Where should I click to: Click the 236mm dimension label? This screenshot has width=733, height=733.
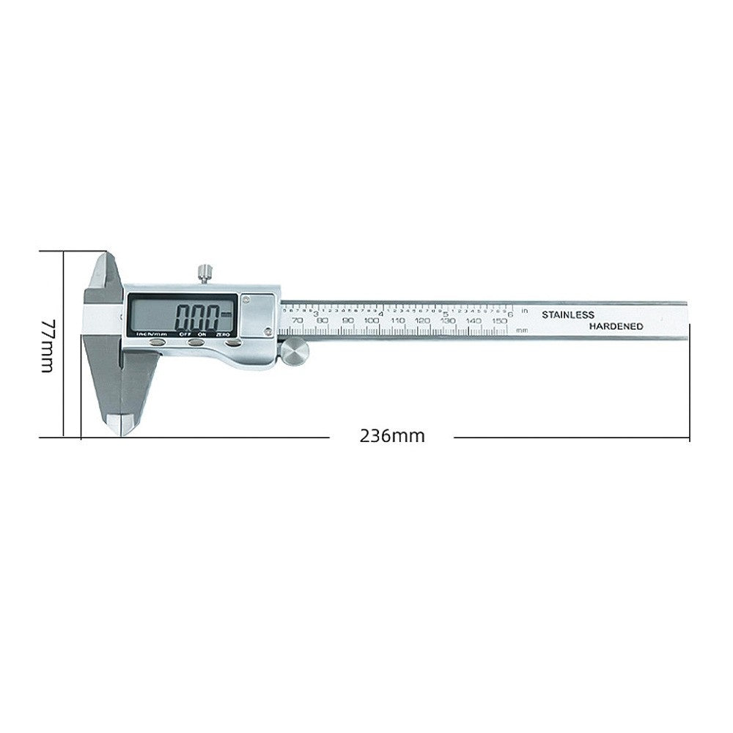tap(392, 436)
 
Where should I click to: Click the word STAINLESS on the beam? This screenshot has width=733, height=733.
tap(567, 314)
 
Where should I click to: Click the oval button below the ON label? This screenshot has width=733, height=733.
tap(196, 342)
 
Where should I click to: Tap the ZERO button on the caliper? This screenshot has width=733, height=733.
tap(232, 342)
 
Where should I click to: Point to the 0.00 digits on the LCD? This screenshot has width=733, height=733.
tap(196, 317)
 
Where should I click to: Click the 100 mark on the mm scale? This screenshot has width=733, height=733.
tap(372, 320)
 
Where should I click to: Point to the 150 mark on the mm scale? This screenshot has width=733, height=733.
tap(499, 320)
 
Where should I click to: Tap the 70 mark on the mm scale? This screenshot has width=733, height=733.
tap(296, 320)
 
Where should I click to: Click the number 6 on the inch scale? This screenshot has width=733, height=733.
tap(510, 314)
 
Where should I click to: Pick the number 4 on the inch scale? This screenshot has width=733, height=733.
tap(380, 314)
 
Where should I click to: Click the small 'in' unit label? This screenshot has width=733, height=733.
tap(524, 311)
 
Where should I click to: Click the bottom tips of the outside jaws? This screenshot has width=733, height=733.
tap(119, 425)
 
